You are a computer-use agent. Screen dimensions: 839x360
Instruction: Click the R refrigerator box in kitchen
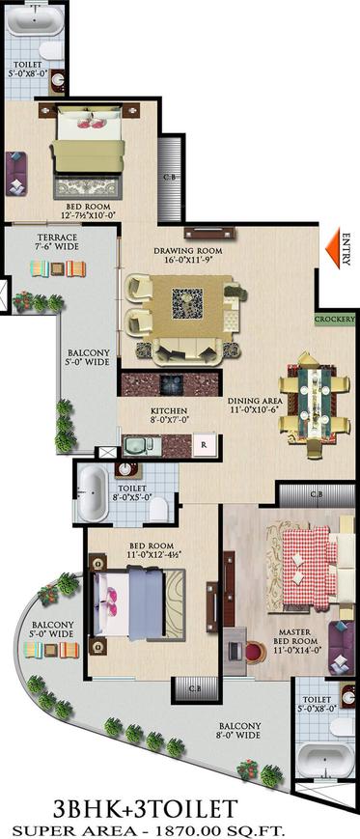click(203, 445)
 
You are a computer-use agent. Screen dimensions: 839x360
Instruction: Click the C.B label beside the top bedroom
click(169, 178)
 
